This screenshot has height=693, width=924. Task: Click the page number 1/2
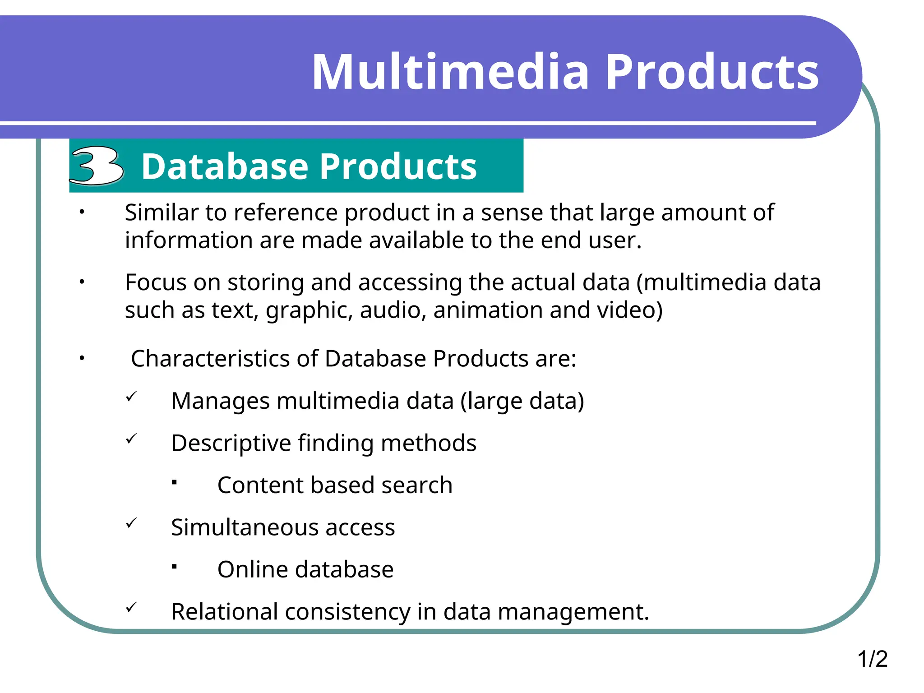pos(872,659)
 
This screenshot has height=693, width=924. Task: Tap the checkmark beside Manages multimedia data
pos(131,397)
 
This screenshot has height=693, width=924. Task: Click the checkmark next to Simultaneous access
pos(131,523)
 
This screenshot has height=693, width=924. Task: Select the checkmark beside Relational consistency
pos(131,608)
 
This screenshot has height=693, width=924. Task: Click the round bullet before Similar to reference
pos(82,212)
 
